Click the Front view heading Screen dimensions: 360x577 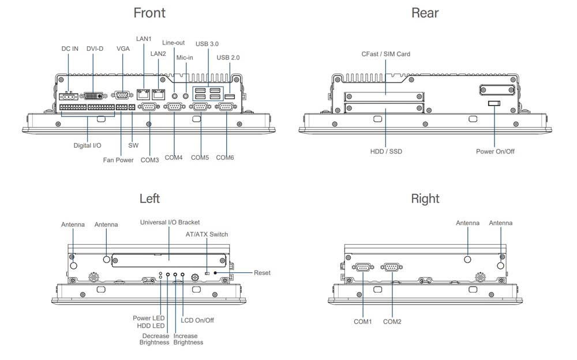tap(149, 13)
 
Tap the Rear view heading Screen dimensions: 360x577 tap(425, 13)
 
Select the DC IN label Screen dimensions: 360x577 tap(70, 49)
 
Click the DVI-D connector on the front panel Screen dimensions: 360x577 tap(92, 96)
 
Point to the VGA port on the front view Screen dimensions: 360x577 tap(122, 96)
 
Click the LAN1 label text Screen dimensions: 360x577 tap(144, 39)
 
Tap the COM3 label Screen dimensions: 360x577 tap(149, 160)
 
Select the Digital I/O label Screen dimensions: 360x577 tap(87, 146)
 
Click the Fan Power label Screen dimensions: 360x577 tap(118, 160)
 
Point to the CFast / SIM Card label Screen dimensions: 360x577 tap(386, 54)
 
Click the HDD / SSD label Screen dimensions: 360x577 tap(386, 152)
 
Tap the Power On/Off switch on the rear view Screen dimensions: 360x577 tap(494, 103)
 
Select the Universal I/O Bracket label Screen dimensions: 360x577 tap(170, 222)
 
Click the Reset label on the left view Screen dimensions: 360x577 tap(262, 273)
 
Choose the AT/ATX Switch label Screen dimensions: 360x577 tap(207, 234)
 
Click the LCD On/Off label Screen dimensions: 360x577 tap(197, 320)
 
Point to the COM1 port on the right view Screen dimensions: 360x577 tap(363, 267)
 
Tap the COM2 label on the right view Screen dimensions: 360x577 tap(392, 321)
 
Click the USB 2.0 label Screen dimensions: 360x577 tap(228, 58)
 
